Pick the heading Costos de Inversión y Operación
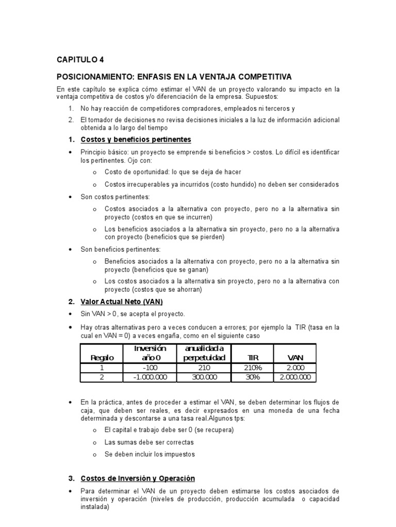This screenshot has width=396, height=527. click(138, 478)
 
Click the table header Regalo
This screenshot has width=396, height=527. click(102, 358)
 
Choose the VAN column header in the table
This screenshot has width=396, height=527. click(295, 358)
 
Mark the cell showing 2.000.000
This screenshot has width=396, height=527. click(295, 377)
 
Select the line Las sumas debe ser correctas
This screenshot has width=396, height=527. click(149, 442)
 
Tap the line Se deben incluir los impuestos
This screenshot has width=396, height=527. click(150, 454)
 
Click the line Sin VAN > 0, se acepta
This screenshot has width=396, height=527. click(133, 314)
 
